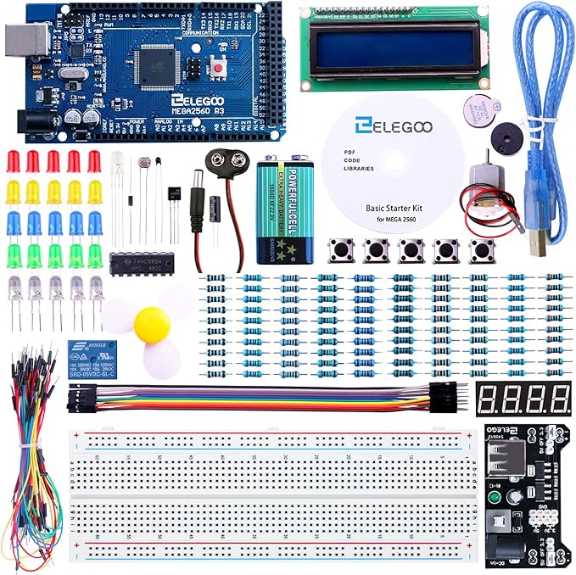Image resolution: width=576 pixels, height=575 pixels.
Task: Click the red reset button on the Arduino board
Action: coord(222,68)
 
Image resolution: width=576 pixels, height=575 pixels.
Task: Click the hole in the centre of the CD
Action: coord(394,159)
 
